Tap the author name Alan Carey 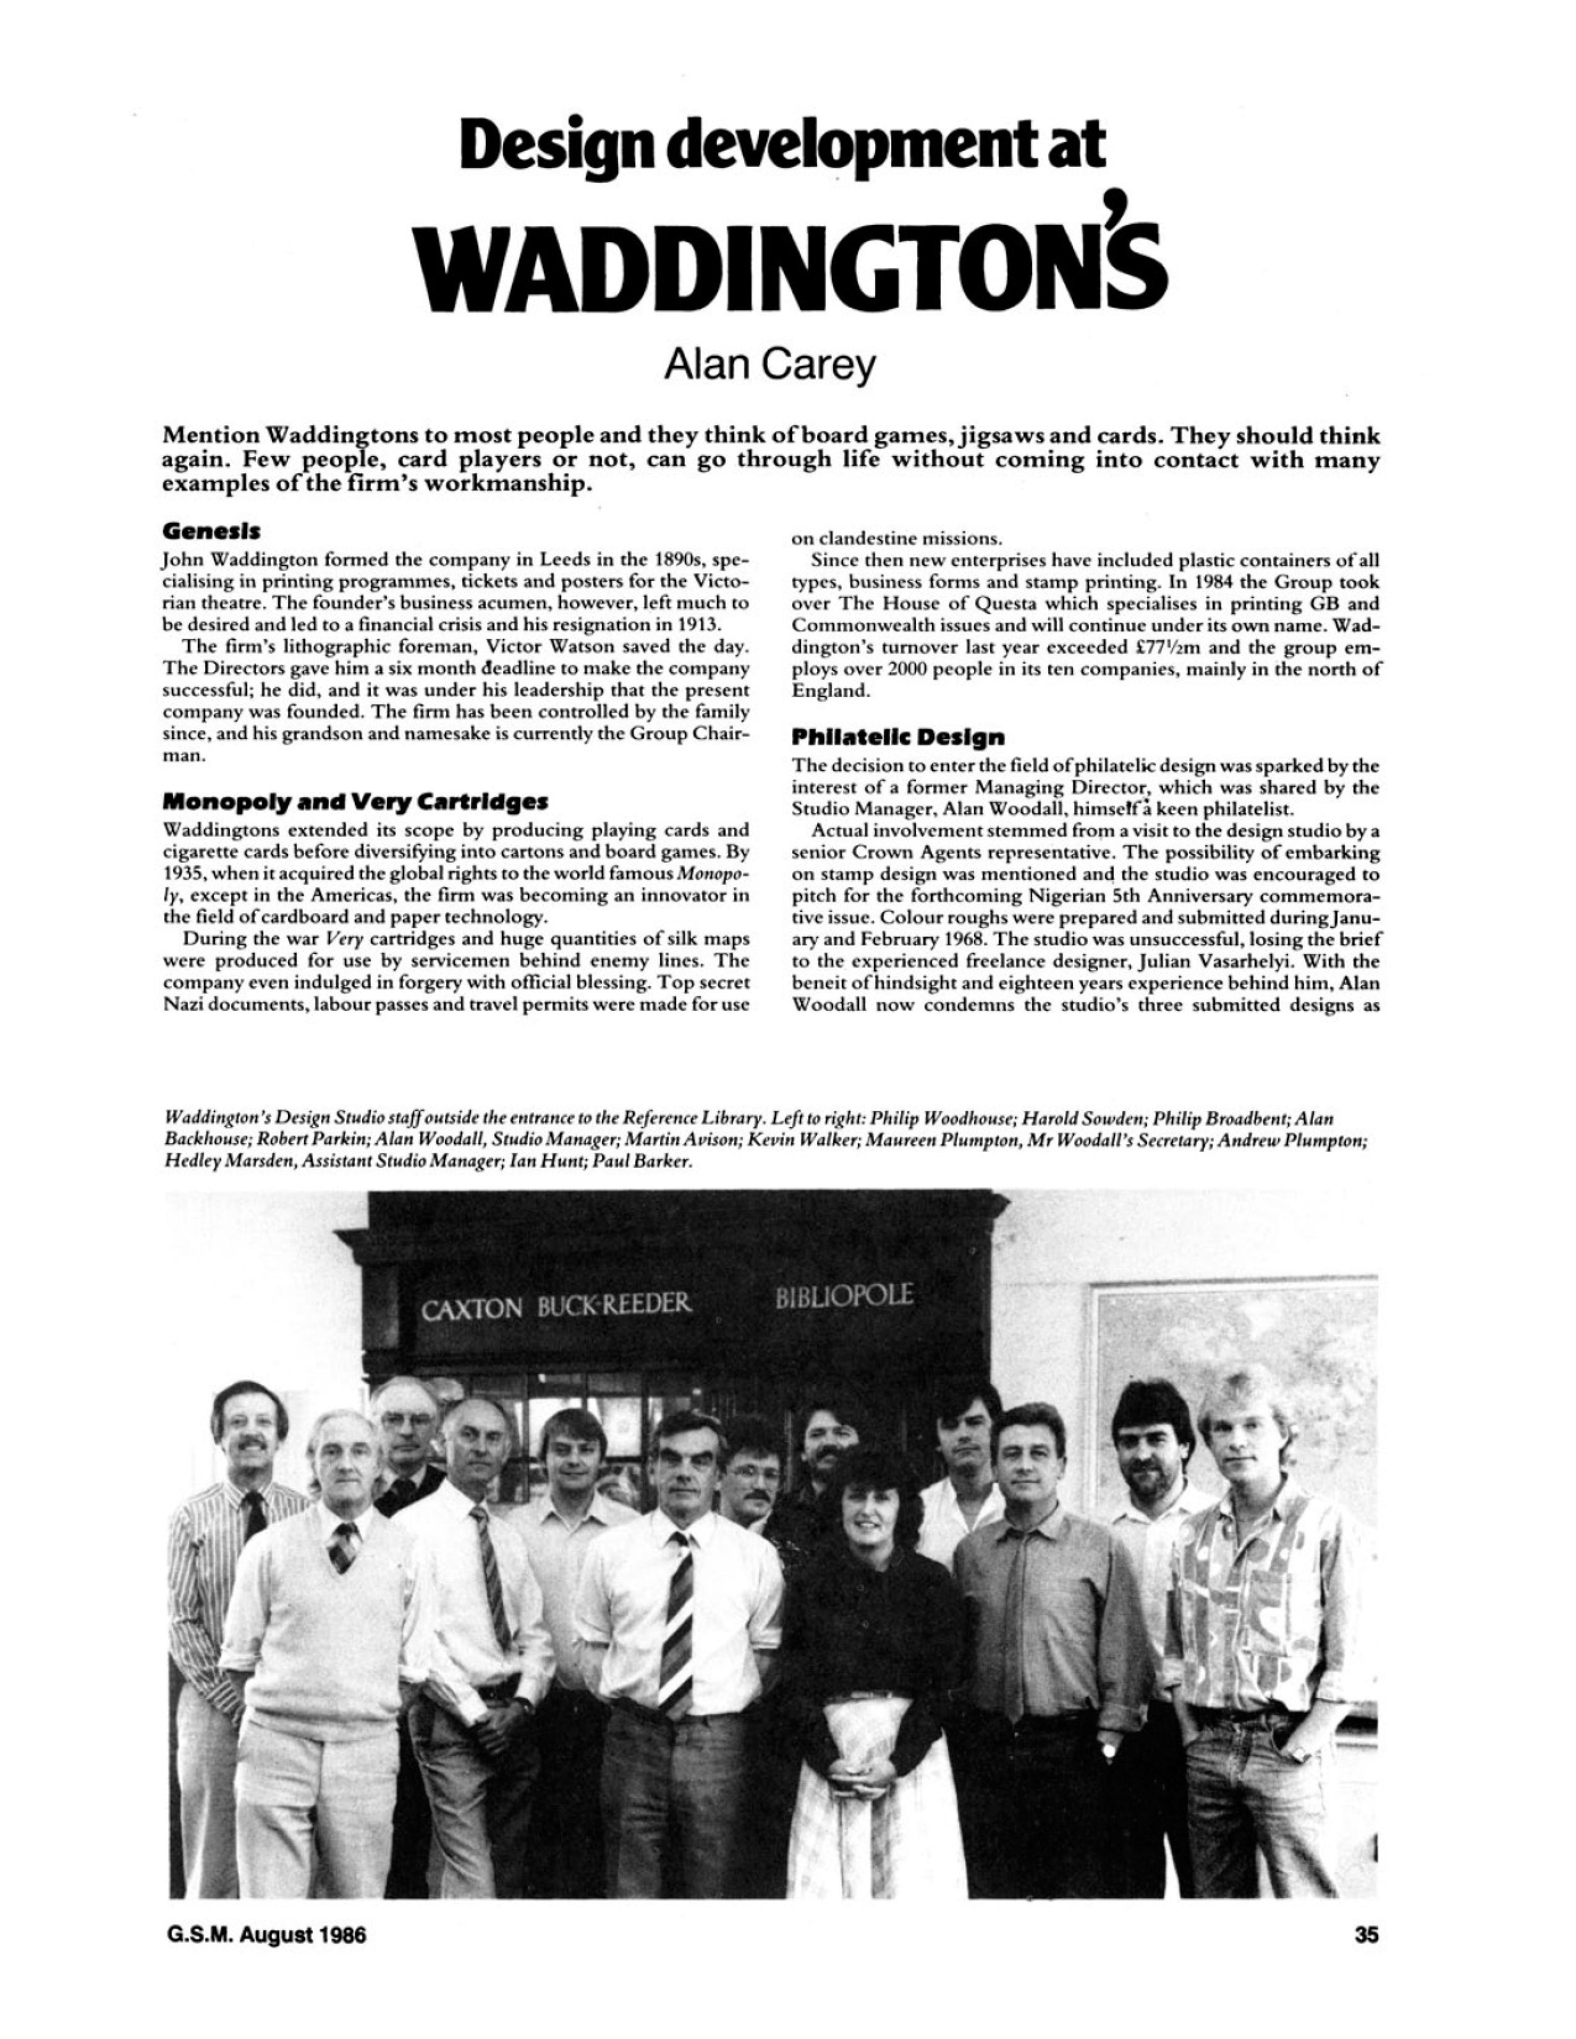(x=770, y=369)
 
